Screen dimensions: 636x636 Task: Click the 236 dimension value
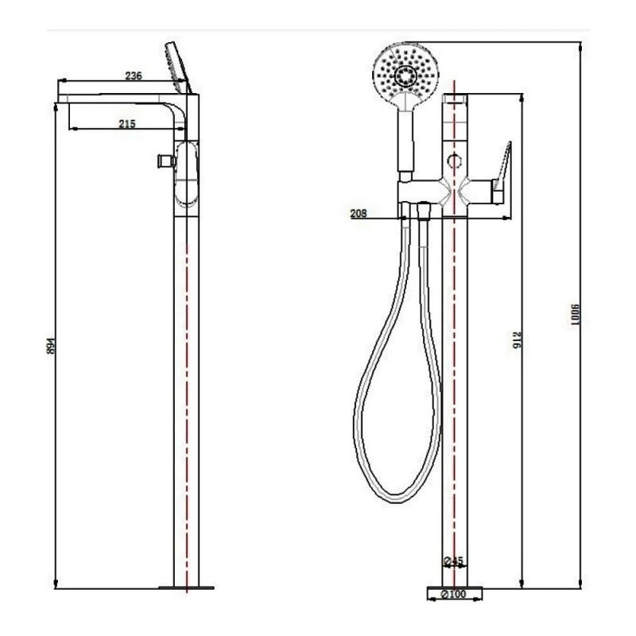pos(133,76)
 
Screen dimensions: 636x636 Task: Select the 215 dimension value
pos(127,123)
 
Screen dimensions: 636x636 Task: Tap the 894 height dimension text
pos(52,347)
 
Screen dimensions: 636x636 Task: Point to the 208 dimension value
pos(358,213)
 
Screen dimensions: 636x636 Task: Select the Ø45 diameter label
pos(454,562)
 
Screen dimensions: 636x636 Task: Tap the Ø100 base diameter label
pos(455,593)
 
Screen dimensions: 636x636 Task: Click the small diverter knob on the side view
pos(165,161)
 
